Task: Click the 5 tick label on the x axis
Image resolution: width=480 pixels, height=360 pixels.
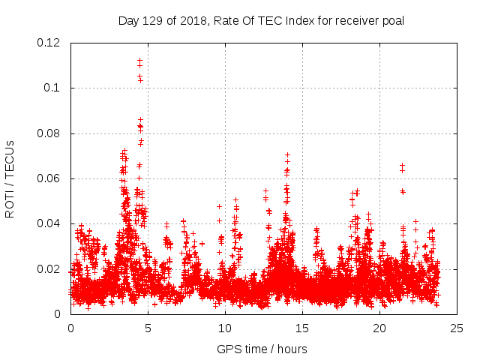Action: point(148,328)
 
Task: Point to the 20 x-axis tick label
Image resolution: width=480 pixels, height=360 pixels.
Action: point(380,328)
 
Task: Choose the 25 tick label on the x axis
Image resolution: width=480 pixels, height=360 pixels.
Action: point(457,328)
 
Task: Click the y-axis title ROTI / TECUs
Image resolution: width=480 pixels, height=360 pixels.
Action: point(10,178)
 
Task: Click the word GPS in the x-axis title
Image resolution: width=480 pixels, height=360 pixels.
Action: point(228,349)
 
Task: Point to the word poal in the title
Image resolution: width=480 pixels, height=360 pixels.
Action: point(393,20)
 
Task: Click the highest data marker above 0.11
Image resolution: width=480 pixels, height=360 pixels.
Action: point(139,60)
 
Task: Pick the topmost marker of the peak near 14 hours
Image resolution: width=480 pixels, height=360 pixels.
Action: point(287,155)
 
